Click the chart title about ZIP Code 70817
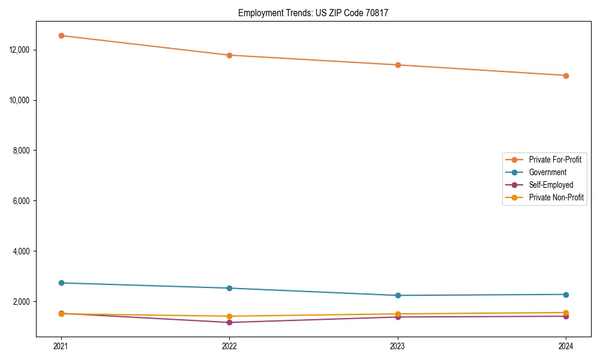313,13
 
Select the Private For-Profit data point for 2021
61,35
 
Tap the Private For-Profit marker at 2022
229,55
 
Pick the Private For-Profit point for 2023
398,65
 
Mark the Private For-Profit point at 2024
566,76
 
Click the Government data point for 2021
61,283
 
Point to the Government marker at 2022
229,288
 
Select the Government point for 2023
398,295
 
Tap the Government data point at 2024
566,295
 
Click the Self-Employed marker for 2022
229,322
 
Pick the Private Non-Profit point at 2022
229,316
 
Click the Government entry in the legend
547,172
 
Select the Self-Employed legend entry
551,185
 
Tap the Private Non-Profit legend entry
556,197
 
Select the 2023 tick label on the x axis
398,346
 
